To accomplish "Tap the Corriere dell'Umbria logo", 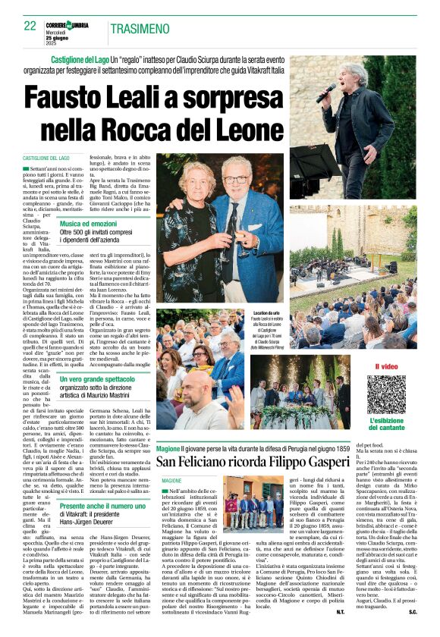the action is click(69, 20).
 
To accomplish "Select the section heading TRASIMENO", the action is click(140, 29).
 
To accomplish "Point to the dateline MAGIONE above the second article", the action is click(172, 480).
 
